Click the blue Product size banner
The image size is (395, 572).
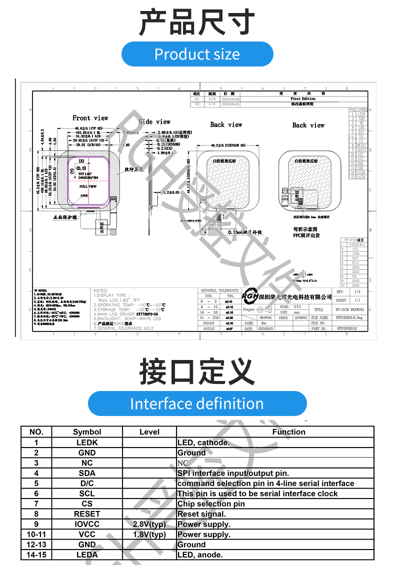(197, 54)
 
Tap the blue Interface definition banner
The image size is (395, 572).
(197, 403)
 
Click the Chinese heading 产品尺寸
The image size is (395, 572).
(197, 22)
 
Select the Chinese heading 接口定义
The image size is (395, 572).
(197, 371)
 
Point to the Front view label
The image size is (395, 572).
(90, 118)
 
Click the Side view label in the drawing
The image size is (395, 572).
(154, 121)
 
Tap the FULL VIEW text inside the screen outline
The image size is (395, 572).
(88, 185)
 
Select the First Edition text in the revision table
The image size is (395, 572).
(303, 99)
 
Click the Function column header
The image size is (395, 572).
(288, 432)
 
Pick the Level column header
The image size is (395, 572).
(149, 432)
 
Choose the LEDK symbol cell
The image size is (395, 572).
(87, 442)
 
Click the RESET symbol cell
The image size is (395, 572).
(87, 514)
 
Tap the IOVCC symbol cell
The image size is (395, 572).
(87, 524)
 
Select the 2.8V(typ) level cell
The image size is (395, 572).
(149, 524)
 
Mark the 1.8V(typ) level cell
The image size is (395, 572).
(149, 534)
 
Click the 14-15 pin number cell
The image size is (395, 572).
(36, 554)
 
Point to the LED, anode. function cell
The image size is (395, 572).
(200, 554)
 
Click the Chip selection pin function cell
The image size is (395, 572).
(211, 503)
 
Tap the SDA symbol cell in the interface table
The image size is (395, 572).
(87, 473)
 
